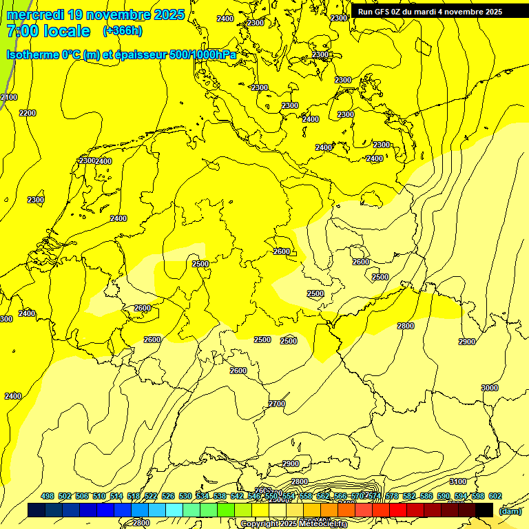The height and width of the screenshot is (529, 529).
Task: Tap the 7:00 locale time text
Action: pyautogui.click(x=48, y=31)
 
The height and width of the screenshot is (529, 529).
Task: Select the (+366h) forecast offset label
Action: pyautogui.click(x=123, y=31)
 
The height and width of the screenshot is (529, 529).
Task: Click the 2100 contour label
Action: pyautogui.click(x=8, y=98)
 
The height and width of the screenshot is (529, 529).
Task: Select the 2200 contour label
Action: pyautogui.click(x=28, y=113)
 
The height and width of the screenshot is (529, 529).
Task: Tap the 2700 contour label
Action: pyautogui.click(x=277, y=404)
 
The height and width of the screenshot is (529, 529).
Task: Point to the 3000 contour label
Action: pyautogui.click(x=489, y=388)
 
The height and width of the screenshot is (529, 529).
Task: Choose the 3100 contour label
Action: pyautogui.click(x=457, y=481)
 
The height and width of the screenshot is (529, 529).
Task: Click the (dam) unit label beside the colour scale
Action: pyautogui.click(x=510, y=510)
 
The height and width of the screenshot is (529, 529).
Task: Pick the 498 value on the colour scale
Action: pyautogui.click(x=48, y=496)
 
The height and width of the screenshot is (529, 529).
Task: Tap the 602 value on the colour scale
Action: pyautogui.click(x=495, y=496)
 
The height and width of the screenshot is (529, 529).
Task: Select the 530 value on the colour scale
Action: pyautogui.click(x=185, y=496)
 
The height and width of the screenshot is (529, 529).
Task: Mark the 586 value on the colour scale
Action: pyautogui.click(x=426, y=496)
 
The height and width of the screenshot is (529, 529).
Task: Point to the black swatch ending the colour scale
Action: pyautogui.click(x=484, y=510)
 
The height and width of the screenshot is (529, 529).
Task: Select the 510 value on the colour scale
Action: pyautogui.click(x=99, y=496)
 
